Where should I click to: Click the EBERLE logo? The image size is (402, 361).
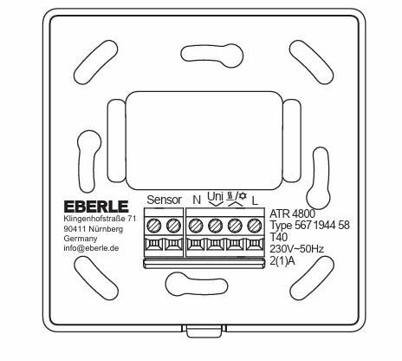96,207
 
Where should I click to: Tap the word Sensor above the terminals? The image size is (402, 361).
165,200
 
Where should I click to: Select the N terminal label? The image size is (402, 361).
197,200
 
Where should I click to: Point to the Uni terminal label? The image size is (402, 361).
216,196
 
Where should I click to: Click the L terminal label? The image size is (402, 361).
255,200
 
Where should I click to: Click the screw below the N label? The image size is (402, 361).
196,225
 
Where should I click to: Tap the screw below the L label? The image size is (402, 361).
255,225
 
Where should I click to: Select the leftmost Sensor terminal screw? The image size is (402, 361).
154,225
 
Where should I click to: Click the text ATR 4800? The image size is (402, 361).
292,213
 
